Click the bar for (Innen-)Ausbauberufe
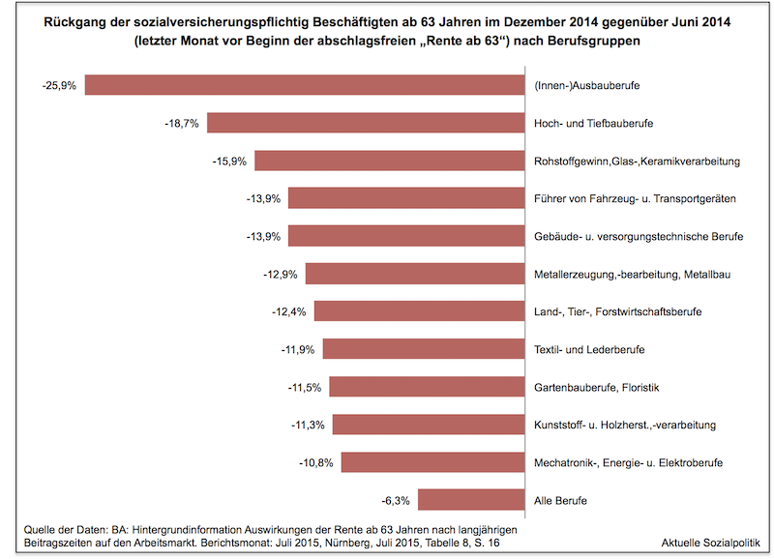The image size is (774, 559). (x=305, y=85)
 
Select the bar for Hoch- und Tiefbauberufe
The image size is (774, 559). (x=365, y=123)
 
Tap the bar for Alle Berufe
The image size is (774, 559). (x=470, y=500)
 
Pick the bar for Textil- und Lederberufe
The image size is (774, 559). (x=423, y=349)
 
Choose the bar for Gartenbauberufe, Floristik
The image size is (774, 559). (x=426, y=387)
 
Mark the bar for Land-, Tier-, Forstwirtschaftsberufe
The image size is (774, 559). (x=418, y=311)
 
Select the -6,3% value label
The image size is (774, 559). (x=395, y=501)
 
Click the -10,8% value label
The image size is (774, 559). (x=317, y=463)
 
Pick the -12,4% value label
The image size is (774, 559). (x=290, y=312)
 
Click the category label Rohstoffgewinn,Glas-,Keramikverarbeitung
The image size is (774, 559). (x=637, y=162)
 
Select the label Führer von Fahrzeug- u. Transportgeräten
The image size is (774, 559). (x=635, y=199)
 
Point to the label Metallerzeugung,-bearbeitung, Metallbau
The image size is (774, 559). (x=632, y=275)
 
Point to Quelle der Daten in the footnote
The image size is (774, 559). (x=63, y=530)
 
